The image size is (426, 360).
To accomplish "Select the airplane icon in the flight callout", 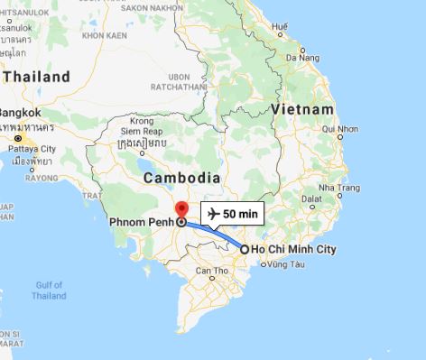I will click(x=214, y=214).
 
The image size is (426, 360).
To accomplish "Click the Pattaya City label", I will click(x=30, y=147).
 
